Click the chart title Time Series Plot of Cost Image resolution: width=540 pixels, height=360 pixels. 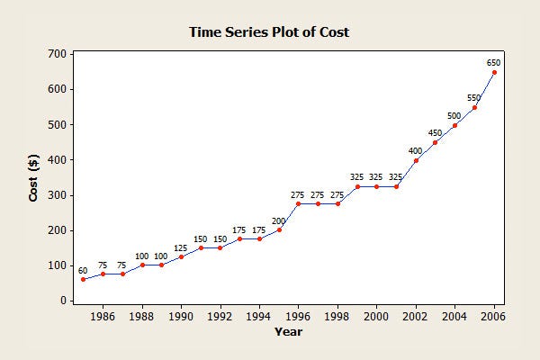(268, 32)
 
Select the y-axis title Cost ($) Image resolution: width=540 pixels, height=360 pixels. (33, 176)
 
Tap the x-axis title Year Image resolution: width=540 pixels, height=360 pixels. (288, 332)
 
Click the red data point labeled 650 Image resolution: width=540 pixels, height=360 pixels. (494, 72)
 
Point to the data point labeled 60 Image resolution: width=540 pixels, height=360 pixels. (83, 279)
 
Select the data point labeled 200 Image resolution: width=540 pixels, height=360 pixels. (279, 229)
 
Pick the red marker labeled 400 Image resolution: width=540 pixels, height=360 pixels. (416, 160)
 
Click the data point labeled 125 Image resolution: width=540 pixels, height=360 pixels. (181, 256)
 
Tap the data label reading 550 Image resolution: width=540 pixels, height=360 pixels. (474, 97)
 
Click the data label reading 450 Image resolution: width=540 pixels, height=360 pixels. (435, 132)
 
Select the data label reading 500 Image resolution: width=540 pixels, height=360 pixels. (454, 115)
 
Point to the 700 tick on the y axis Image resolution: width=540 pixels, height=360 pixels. (56, 54)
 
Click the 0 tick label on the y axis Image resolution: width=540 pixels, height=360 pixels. (62, 301)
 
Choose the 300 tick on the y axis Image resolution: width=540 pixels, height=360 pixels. (56, 195)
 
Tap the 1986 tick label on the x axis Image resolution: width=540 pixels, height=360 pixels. (103, 317)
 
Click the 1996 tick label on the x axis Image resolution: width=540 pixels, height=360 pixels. (298, 317)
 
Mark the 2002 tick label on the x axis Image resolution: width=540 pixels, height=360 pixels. (416, 317)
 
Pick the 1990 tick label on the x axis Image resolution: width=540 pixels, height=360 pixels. (181, 317)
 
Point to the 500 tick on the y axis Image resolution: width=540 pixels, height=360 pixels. (56, 124)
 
